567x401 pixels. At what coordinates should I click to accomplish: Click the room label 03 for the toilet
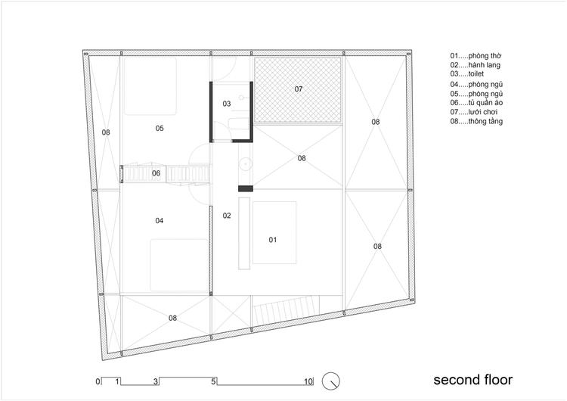(x=227, y=104)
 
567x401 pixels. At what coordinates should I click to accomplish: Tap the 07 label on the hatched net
(x=299, y=89)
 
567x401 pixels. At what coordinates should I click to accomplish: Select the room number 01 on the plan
(x=273, y=240)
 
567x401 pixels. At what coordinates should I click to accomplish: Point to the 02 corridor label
(x=227, y=216)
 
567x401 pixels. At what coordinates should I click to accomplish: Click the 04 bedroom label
(x=159, y=220)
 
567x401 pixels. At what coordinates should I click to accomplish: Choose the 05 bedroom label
(x=160, y=128)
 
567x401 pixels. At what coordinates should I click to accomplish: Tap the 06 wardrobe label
(x=156, y=173)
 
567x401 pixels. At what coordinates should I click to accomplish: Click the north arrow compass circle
(x=331, y=381)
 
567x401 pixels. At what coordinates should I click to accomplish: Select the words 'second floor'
(x=473, y=380)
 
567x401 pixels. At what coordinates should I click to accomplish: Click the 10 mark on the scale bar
(x=308, y=381)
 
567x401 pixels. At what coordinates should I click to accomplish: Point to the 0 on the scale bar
(x=98, y=381)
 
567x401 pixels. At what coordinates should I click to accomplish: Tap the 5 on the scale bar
(x=213, y=381)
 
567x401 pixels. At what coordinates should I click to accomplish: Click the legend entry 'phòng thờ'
(x=485, y=56)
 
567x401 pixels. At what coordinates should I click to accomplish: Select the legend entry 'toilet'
(x=476, y=74)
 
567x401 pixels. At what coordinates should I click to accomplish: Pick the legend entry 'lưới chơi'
(x=483, y=112)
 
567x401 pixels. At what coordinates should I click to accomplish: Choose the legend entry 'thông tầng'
(x=485, y=121)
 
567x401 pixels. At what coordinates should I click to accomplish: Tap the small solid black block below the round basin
(x=246, y=188)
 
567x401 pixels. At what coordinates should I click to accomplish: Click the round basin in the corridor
(x=246, y=163)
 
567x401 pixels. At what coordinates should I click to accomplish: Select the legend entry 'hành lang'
(x=484, y=65)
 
